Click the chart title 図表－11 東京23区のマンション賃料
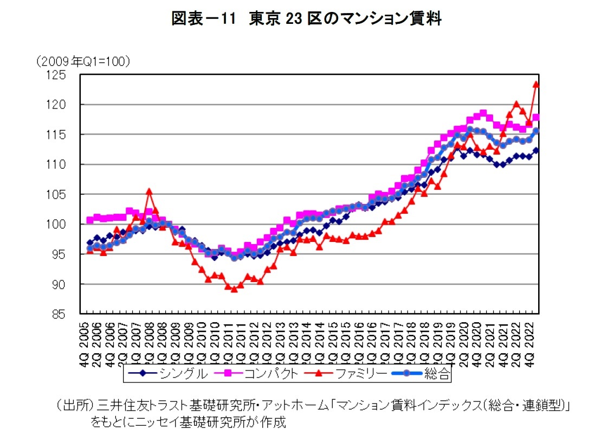point(306,20)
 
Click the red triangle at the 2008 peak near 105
point(149,191)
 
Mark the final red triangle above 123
point(536,84)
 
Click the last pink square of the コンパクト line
point(536,118)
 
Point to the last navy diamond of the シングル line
point(536,151)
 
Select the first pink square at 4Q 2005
point(90,220)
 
